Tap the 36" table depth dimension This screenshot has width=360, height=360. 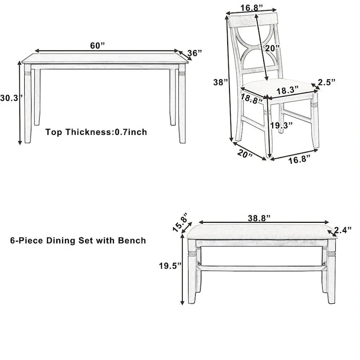pyautogui.click(x=194, y=53)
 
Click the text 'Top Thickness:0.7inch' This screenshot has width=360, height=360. pyautogui.click(x=96, y=132)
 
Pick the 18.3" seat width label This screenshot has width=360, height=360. pyautogui.click(x=288, y=90)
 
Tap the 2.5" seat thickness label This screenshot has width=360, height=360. pyautogui.click(x=327, y=82)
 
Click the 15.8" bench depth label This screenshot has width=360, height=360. pyautogui.click(x=179, y=224)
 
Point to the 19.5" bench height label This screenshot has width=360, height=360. pyautogui.click(x=170, y=265)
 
